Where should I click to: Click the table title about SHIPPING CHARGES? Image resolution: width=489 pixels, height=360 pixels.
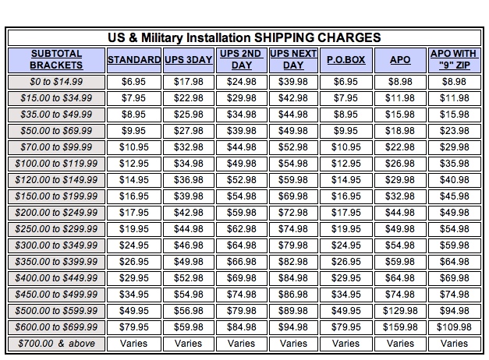click(243, 37)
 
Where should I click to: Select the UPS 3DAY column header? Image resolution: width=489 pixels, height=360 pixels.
click(188, 59)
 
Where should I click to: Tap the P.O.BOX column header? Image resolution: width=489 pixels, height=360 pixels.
click(345, 59)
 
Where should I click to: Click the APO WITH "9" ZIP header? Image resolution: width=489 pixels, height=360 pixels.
click(454, 59)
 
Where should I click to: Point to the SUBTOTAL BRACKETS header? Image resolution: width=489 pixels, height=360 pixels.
click(56, 59)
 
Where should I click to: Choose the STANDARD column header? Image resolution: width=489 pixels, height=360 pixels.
click(134, 59)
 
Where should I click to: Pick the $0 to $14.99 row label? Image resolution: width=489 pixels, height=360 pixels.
click(56, 81)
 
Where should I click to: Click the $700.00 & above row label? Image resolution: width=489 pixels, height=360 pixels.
click(56, 343)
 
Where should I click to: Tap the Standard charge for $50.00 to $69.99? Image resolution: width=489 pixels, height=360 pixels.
click(134, 130)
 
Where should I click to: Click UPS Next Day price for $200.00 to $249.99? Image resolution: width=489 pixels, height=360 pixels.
click(293, 212)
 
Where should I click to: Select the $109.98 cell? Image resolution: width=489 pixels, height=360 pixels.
click(454, 326)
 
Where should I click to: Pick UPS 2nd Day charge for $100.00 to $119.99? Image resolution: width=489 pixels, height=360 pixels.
click(241, 163)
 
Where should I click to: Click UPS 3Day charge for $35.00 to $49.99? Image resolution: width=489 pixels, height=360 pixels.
click(188, 114)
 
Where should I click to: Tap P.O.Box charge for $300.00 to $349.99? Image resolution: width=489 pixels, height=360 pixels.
click(345, 245)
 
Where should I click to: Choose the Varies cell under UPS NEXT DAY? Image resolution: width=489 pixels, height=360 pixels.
click(293, 343)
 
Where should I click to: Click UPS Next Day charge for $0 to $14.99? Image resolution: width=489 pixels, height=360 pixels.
click(293, 81)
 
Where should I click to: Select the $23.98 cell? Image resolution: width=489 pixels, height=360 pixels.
click(454, 130)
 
